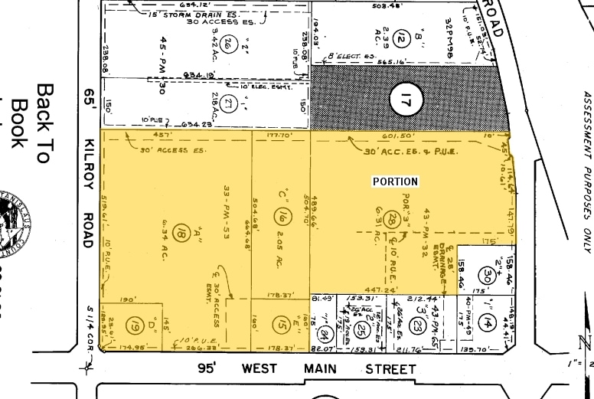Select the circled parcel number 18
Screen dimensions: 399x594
click(x=181, y=233)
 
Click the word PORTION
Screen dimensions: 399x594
click(x=395, y=182)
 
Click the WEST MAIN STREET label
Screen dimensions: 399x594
click(x=328, y=369)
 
